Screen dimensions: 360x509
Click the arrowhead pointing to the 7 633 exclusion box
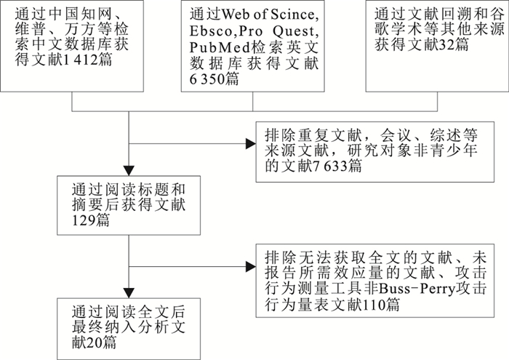[249, 143]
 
